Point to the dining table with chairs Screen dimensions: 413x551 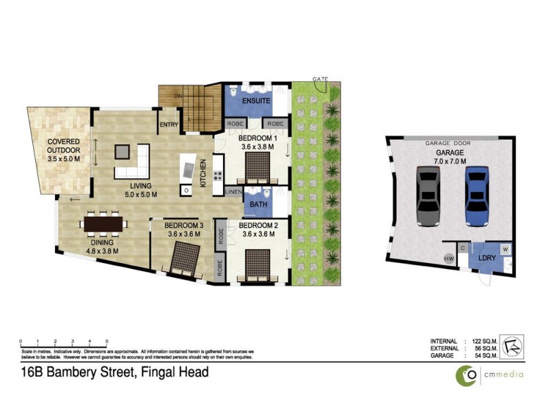103,224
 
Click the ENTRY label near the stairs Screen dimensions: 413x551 169,125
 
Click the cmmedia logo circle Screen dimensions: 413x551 469,374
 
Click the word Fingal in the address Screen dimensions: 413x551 160,373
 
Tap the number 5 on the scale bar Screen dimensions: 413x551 107,341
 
